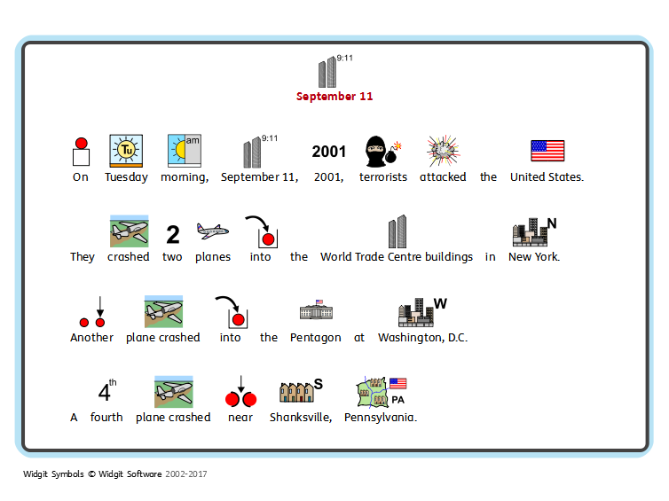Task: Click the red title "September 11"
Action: click(x=334, y=97)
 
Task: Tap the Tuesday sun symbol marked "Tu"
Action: click(x=125, y=151)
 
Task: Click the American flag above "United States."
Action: click(x=547, y=151)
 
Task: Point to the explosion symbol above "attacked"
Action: click(x=442, y=151)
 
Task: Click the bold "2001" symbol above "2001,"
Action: click(x=329, y=152)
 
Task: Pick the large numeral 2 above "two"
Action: click(x=173, y=234)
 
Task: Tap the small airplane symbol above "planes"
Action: click(x=212, y=231)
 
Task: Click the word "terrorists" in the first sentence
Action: click(x=383, y=177)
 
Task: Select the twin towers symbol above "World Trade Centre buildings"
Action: click(x=397, y=231)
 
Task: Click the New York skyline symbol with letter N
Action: click(x=534, y=231)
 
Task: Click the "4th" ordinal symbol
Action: click(x=106, y=391)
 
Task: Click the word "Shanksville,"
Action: click(x=301, y=418)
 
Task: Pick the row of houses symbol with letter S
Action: click(x=300, y=392)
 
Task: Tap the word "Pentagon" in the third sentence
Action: click(x=315, y=338)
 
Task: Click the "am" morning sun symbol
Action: click(x=184, y=151)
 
